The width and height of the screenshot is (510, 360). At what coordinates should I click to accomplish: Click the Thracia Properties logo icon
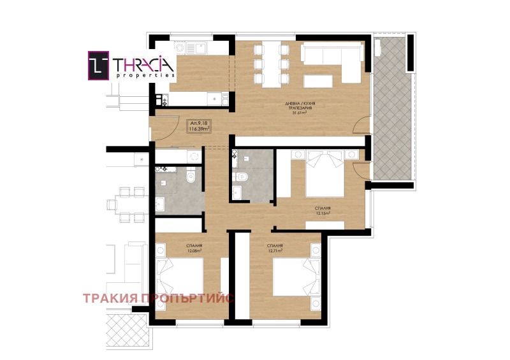tap(99, 66)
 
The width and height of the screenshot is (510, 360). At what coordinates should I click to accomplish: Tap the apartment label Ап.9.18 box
tap(199, 126)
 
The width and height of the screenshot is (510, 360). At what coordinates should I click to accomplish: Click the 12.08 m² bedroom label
tap(194, 248)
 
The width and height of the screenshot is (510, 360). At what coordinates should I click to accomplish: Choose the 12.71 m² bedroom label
tap(275, 248)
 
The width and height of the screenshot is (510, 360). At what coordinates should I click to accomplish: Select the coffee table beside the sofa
tap(319, 80)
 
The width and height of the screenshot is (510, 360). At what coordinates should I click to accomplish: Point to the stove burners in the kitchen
tap(160, 99)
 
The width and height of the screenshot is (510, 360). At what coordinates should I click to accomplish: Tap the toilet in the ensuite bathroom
tap(239, 176)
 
